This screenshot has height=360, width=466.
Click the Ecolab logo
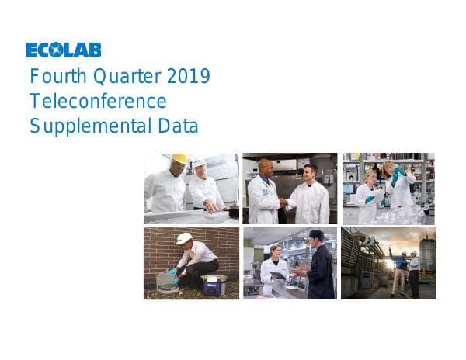(x=64, y=50)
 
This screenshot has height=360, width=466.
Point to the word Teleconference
(x=98, y=101)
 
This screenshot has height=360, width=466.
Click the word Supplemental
(x=89, y=126)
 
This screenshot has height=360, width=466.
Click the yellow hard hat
(x=179, y=158)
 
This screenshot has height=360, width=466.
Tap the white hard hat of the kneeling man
(x=184, y=238)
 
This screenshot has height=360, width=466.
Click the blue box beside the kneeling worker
(x=214, y=285)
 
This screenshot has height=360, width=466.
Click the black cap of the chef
(x=315, y=234)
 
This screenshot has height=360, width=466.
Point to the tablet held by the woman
(x=277, y=275)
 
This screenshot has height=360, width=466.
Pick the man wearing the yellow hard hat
(x=166, y=186)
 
